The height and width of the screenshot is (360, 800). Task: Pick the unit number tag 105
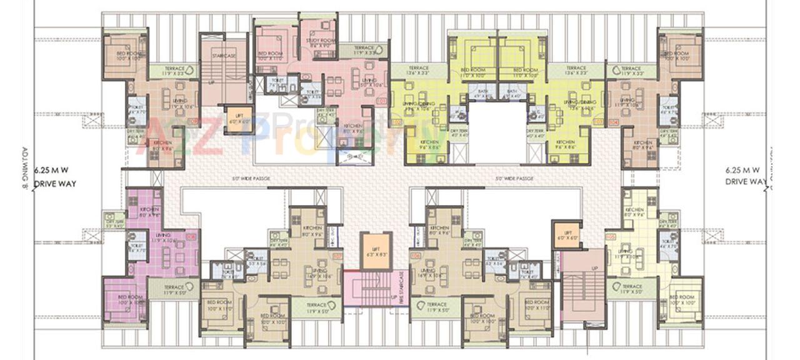611,237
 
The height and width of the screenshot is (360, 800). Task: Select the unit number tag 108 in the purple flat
190,237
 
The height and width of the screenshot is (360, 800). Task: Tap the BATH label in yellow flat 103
512,93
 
